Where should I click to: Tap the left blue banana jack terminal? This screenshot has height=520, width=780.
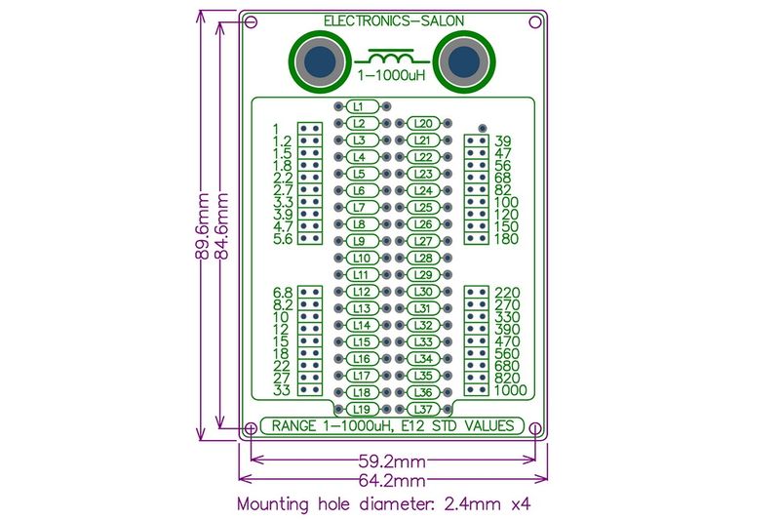(318, 63)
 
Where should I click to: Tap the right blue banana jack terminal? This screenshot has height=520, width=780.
(463, 63)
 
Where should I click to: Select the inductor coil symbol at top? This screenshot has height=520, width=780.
(391, 56)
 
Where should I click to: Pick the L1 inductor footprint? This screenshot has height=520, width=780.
(359, 106)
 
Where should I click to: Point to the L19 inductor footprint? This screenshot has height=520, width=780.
(359, 409)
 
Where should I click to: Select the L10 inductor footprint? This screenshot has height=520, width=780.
(359, 258)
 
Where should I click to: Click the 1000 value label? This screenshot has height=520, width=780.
(511, 390)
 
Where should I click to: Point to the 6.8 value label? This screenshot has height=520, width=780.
(283, 293)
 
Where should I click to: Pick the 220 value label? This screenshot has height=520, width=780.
(508, 293)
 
